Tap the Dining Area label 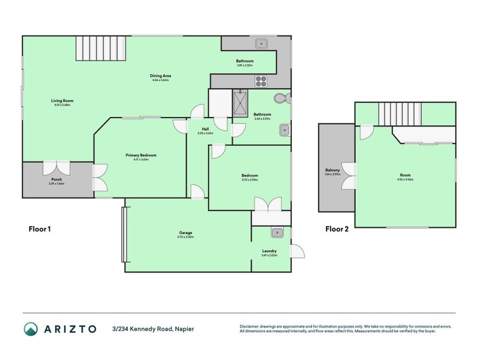(x=161, y=76)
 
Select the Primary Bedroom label (x=141, y=155)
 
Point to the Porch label (x=56, y=179)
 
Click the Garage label (x=185, y=233)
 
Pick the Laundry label (x=269, y=251)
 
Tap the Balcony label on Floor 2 (x=332, y=170)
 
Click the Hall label (x=205, y=129)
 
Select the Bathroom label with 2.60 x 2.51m (x=262, y=115)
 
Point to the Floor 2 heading (x=337, y=229)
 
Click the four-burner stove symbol (x=262, y=80)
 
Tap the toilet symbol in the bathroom (x=280, y=98)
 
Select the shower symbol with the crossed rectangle (x=241, y=103)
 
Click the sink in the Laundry (x=277, y=233)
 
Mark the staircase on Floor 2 (x=399, y=113)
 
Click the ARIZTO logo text (x=68, y=329)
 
